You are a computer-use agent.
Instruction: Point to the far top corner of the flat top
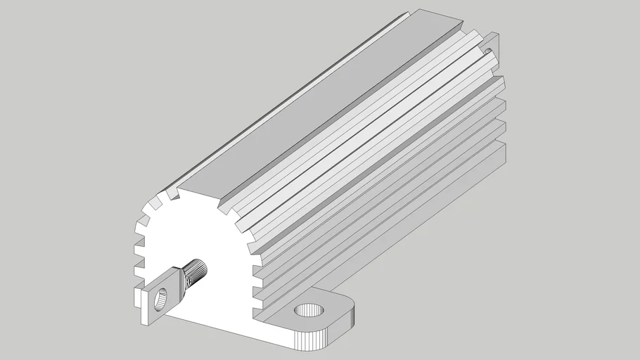point(422,11)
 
